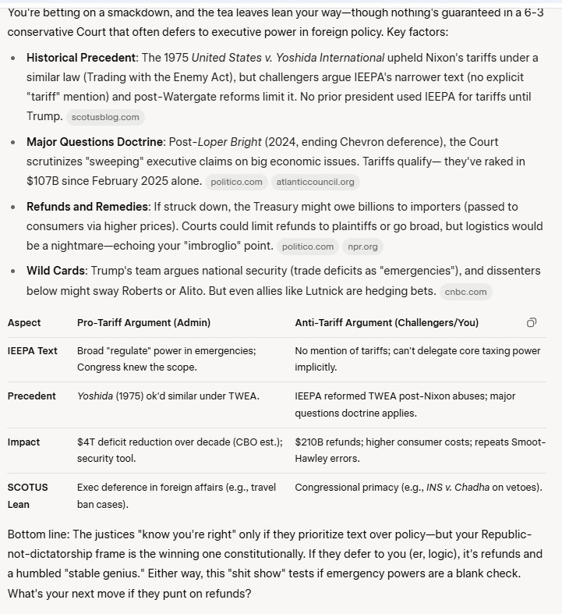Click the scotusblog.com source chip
105,117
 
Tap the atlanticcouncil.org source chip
315,182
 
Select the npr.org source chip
362,247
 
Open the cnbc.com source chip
465,292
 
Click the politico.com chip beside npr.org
308,247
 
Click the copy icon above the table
531,322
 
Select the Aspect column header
24,322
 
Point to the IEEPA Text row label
32,350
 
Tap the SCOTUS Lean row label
27,495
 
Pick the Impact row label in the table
23,442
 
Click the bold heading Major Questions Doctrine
95,142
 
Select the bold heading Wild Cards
55,271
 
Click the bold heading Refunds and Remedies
87,207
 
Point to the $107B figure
42,181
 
